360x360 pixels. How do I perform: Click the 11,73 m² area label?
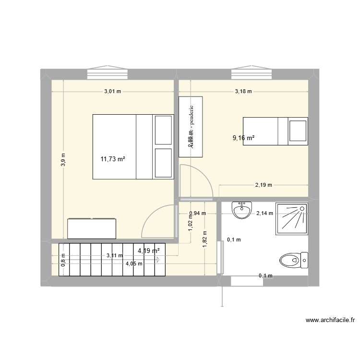click(113, 158)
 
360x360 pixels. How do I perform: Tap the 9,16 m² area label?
click(243, 138)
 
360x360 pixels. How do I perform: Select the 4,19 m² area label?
click(148, 250)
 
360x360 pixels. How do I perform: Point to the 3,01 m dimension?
click(113, 91)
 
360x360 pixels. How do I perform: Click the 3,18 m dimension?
click(243, 91)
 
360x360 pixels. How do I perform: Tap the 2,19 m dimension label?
click(264, 185)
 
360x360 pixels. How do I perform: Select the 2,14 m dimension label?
click(264, 214)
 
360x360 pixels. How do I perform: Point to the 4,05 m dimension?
click(134, 263)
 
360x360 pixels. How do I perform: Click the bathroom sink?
click(241, 209)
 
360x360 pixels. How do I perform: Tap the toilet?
click(293, 261)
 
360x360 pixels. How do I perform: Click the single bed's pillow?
click(298, 130)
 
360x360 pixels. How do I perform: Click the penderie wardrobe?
click(191, 127)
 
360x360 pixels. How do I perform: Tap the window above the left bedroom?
click(107, 73)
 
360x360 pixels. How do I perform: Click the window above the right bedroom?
click(252, 73)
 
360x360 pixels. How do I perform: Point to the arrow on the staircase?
click(157, 260)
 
